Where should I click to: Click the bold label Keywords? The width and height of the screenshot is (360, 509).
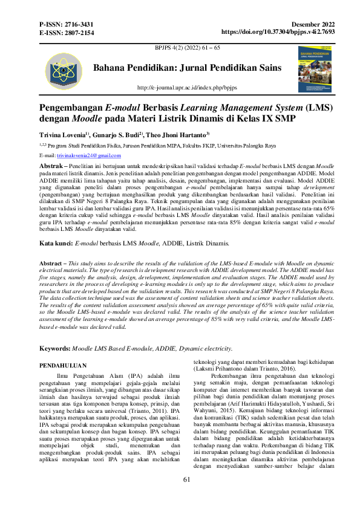coord(55,332)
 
